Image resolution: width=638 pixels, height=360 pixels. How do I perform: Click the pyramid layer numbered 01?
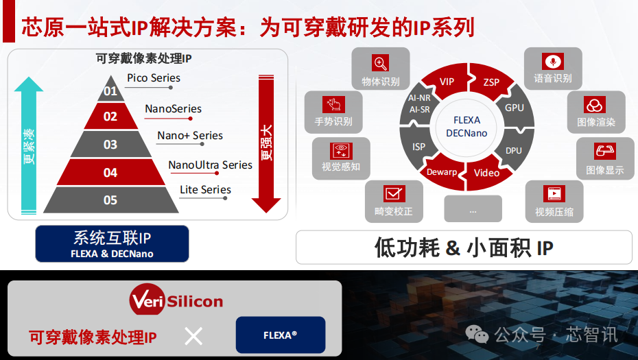(110, 90)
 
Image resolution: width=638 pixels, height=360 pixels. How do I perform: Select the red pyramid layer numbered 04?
(110, 172)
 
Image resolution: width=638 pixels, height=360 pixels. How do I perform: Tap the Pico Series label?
(154, 77)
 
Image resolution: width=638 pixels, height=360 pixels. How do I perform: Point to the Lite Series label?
(206, 189)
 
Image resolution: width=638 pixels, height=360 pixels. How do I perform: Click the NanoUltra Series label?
(211, 165)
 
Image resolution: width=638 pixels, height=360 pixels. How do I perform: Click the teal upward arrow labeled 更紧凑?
(29, 145)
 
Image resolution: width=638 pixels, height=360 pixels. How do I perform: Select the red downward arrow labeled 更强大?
(266, 143)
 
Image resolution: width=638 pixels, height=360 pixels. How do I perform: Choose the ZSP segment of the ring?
(491, 82)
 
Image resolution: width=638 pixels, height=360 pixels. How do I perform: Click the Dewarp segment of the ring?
(442, 172)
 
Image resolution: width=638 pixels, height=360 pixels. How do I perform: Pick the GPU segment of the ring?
(515, 108)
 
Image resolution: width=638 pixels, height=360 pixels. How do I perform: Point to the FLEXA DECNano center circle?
(466, 126)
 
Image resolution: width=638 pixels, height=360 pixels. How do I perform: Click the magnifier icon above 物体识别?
(381, 63)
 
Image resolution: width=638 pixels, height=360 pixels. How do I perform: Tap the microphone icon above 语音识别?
(552, 62)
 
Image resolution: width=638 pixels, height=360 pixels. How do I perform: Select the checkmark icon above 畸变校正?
(394, 193)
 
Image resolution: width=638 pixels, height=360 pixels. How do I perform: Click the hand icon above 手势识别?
(333, 104)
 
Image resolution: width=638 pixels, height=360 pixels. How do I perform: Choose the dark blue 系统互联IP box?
(113, 243)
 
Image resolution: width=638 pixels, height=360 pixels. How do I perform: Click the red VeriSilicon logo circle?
(147, 300)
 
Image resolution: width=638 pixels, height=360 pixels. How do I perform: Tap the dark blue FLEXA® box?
(281, 335)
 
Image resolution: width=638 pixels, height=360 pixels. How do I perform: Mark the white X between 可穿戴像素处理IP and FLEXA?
(193, 337)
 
